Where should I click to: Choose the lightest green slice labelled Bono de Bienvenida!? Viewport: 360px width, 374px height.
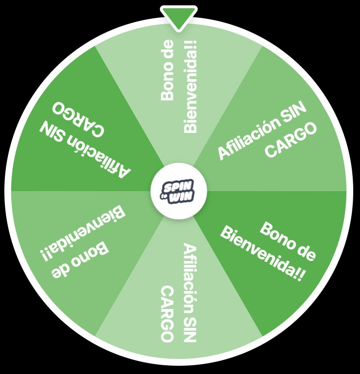point(179,87)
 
